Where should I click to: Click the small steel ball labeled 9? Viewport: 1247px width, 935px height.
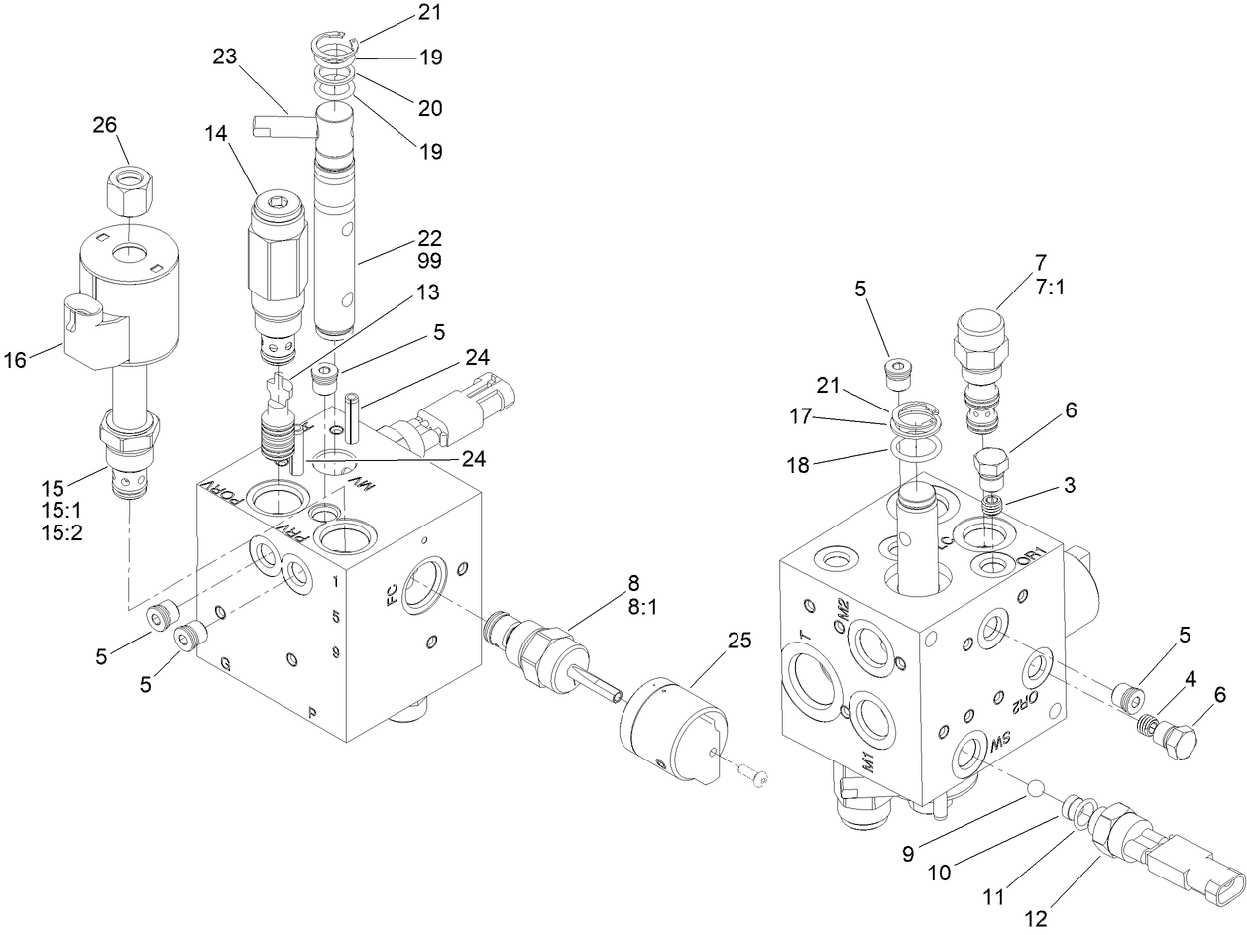(1035, 788)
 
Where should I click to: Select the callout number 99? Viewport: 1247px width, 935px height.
(430, 261)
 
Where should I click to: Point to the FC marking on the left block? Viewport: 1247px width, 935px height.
(393, 595)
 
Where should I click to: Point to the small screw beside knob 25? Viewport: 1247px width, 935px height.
(758, 779)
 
